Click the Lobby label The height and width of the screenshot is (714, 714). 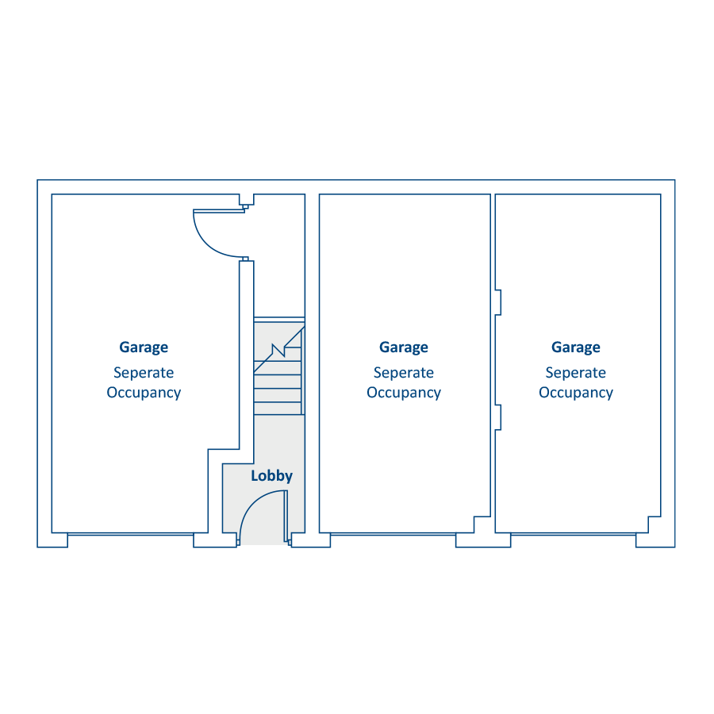(x=271, y=476)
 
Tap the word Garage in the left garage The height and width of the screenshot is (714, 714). (x=144, y=347)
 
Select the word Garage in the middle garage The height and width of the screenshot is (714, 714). (x=404, y=347)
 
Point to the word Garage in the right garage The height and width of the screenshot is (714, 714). (x=576, y=347)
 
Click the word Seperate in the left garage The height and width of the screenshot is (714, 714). (x=144, y=373)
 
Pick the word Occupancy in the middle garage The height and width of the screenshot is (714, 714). (x=404, y=393)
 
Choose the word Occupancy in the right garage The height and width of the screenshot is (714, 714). (x=576, y=393)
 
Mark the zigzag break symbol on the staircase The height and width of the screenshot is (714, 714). (x=278, y=350)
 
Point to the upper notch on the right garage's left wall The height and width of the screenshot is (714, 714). (x=498, y=302)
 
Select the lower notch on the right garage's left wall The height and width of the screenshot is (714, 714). (x=498, y=417)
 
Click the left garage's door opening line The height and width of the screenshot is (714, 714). (x=130, y=534)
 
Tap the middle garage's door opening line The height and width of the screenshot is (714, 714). (x=393, y=534)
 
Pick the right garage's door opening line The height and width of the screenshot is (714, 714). (x=574, y=534)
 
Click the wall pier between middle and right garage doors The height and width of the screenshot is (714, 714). (x=483, y=540)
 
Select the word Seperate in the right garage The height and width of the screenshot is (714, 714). (x=576, y=373)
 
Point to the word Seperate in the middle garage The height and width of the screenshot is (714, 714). (x=404, y=373)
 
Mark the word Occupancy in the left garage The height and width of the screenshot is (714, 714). (x=144, y=393)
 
